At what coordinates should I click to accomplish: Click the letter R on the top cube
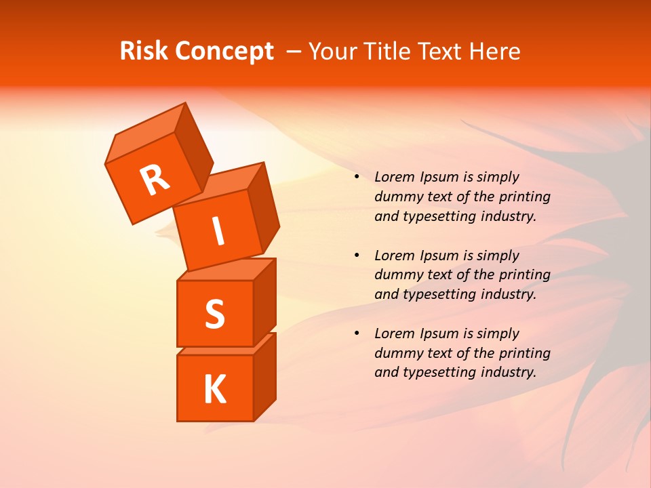coord(155,179)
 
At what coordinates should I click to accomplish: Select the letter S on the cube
coord(214,313)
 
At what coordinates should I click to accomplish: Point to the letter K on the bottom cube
coord(214,389)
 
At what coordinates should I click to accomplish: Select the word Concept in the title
coord(224,52)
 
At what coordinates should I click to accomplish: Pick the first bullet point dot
coord(357,178)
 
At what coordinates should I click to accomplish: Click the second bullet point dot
coord(357,256)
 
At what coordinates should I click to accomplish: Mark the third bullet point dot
coord(357,333)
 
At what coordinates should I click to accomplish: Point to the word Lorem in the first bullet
coord(394,178)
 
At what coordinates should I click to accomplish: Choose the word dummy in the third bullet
coord(395,353)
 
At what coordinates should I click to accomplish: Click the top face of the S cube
coord(226,270)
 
